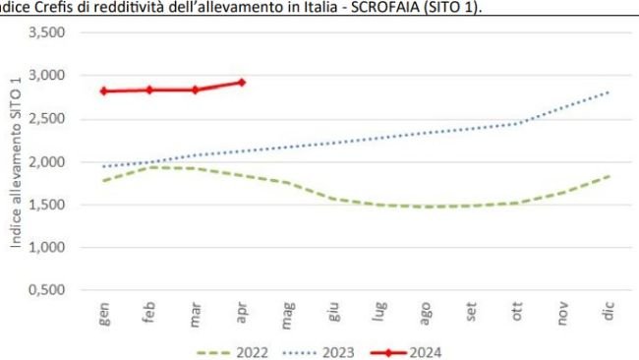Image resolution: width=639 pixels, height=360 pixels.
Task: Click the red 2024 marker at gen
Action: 103,90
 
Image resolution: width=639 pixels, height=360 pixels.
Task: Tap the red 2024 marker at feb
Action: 149,90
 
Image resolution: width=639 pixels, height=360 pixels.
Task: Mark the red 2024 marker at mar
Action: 196,90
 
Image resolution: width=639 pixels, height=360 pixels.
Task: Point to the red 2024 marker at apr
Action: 241,82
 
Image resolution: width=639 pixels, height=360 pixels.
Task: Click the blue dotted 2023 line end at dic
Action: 609,92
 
